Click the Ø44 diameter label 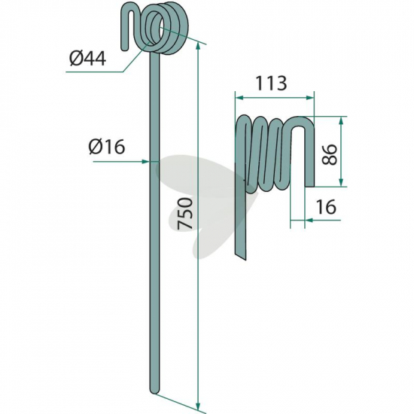[x=88, y=59]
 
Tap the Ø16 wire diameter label [x=107, y=147]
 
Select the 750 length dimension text [x=185, y=213]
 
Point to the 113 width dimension [x=271, y=83]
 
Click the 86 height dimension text [x=330, y=154]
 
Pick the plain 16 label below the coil [x=326, y=206]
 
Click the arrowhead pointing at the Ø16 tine [x=146, y=161]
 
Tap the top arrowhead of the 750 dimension [x=198, y=47]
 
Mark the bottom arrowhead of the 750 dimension [x=198, y=406]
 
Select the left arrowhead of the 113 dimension [x=239, y=98]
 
